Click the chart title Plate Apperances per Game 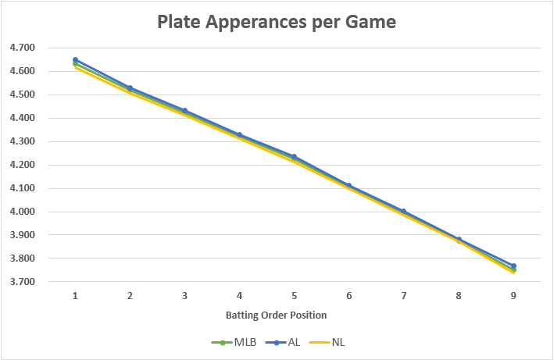pyautogui.click(x=277, y=22)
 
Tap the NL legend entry pyautogui.click(x=329, y=342)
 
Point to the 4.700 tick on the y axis pyautogui.click(x=22, y=48)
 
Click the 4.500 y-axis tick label pyautogui.click(x=22, y=94)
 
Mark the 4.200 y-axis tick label pyautogui.click(x=22, y=165)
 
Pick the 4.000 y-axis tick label pyautogui.click(x=22, y=212)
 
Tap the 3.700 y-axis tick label pyautogui.click(x=22, y=282)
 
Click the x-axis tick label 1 pyautogui.click(x=75, y=296)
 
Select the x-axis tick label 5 pyautogui.click(x=294, y=296)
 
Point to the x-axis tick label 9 pyautogui.click(x=513, y=296)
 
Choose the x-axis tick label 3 pyautogui.click(x=184, y=296)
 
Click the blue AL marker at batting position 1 pyautogui.click(x=75, y=59)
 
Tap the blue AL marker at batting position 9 pyautogui.click(x=513, y=266)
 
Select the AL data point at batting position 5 pyautogui.click(x=294, y=156)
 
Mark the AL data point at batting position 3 pyautogui.click(x=184, y=110)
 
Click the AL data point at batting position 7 pyautogui.click(x=404, y=211)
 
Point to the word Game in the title pyautogui.click(x=368, y=22)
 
